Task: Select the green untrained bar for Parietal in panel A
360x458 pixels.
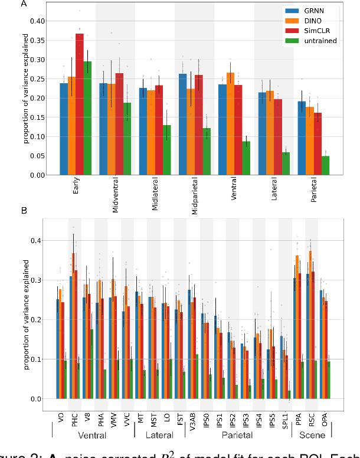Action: pos(325,166)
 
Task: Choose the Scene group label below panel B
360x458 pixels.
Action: pos(311,436)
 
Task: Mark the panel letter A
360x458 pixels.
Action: pos(24,5)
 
